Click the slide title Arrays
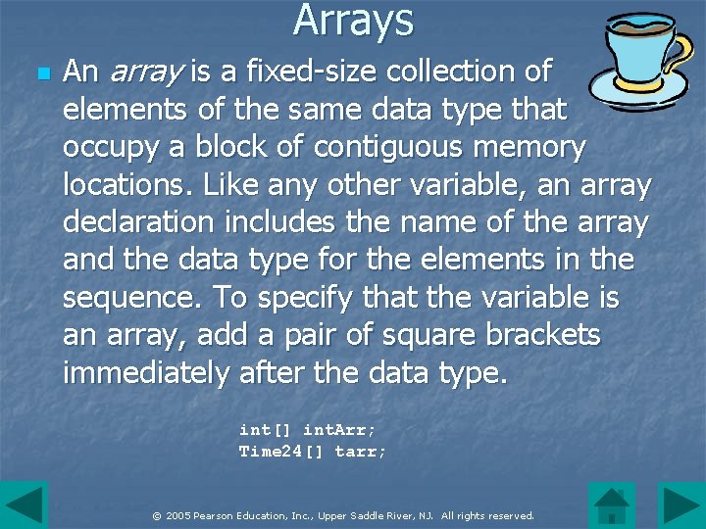353,20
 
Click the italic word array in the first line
146,72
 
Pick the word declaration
138,222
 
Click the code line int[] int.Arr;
307,429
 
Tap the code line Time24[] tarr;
313,452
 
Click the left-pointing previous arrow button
24,505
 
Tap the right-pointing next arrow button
681,505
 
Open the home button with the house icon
612,505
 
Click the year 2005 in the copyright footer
177,515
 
